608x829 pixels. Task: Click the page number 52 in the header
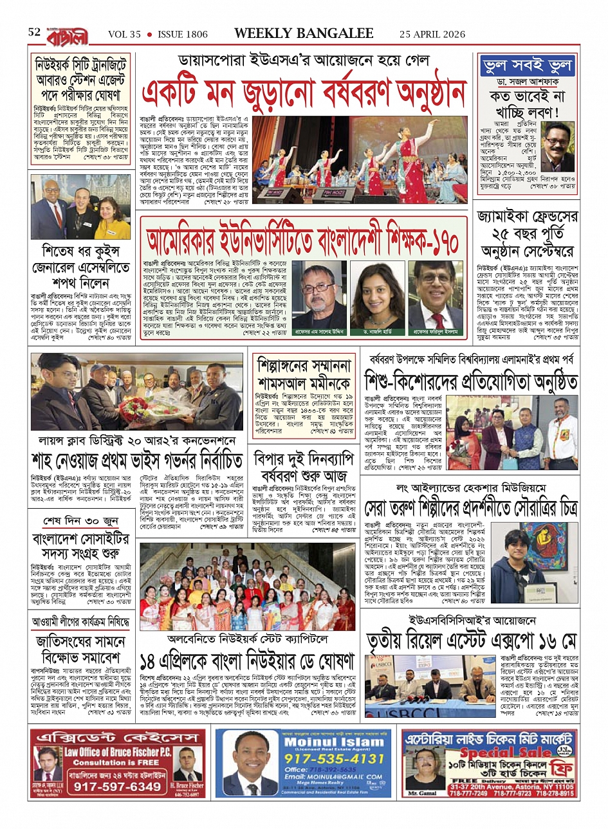coord(34,32)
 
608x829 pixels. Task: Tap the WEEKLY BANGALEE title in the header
coord(304,33)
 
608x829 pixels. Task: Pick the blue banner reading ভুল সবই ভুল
coord(526,66)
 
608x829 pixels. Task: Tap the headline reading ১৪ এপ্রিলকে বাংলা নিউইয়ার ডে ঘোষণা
coord(247,660)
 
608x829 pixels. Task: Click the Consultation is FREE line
coord(116,762)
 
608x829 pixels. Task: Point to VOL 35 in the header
coord(124,34)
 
